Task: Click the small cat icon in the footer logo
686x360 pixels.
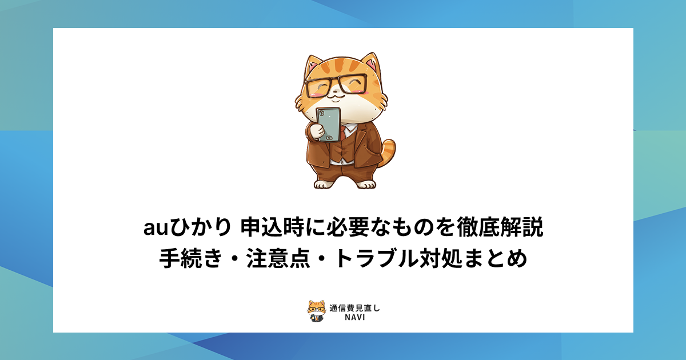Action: click(x=316, y=311)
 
